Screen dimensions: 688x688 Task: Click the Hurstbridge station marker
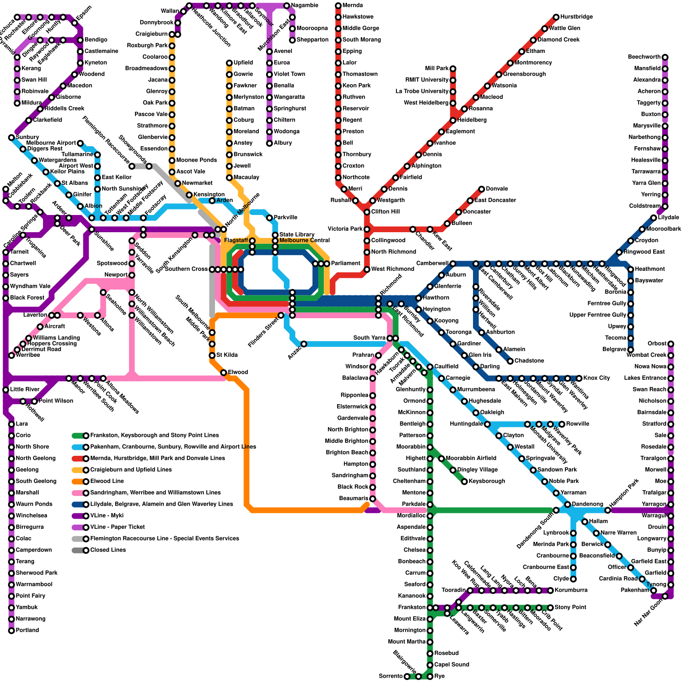point(556,17)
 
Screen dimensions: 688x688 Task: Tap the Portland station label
point(27,630)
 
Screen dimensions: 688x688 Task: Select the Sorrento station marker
point(407,676)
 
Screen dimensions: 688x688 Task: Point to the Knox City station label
point(597,378)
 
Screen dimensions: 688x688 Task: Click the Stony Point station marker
point(550,608)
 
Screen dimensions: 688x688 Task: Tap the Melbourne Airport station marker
point(80,143)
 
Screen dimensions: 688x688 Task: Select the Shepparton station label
point(313,40)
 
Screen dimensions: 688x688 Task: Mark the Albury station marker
point(270,143)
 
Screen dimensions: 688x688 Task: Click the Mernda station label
point(353,6)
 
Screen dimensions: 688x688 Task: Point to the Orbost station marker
point(671,344)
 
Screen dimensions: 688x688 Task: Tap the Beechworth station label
point(644,57)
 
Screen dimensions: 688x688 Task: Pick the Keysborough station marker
point(464,481)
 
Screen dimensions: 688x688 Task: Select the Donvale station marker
point(482,189)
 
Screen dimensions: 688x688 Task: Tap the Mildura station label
point(31,103)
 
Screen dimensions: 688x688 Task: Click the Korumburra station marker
point(550,590)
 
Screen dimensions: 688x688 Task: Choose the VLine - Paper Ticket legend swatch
point(79,527)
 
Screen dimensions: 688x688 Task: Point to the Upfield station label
point(243,63)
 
